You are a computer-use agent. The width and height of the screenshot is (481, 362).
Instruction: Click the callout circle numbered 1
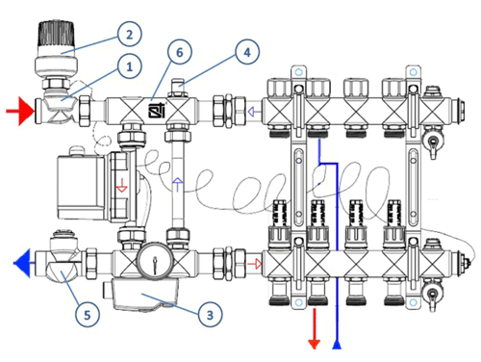tap(129, 66)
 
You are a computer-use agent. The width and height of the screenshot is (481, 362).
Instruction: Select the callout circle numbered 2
tap(129, 35)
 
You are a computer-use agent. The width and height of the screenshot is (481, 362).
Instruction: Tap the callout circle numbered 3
tap(210, 315)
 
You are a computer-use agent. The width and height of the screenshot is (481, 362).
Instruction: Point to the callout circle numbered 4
tap(247, 52)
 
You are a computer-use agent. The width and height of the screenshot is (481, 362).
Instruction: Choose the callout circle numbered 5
tap(88, 315)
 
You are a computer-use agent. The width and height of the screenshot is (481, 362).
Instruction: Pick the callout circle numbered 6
tap(180, 52)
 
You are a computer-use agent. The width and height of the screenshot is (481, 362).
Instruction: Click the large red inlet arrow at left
tap(20, 111)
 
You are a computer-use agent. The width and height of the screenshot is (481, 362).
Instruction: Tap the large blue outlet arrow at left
tap(22, 263)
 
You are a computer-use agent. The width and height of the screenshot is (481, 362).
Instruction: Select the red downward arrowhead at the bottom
tap(315, 345)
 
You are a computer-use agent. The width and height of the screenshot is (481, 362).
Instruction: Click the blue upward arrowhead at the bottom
tap(337, 345)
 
